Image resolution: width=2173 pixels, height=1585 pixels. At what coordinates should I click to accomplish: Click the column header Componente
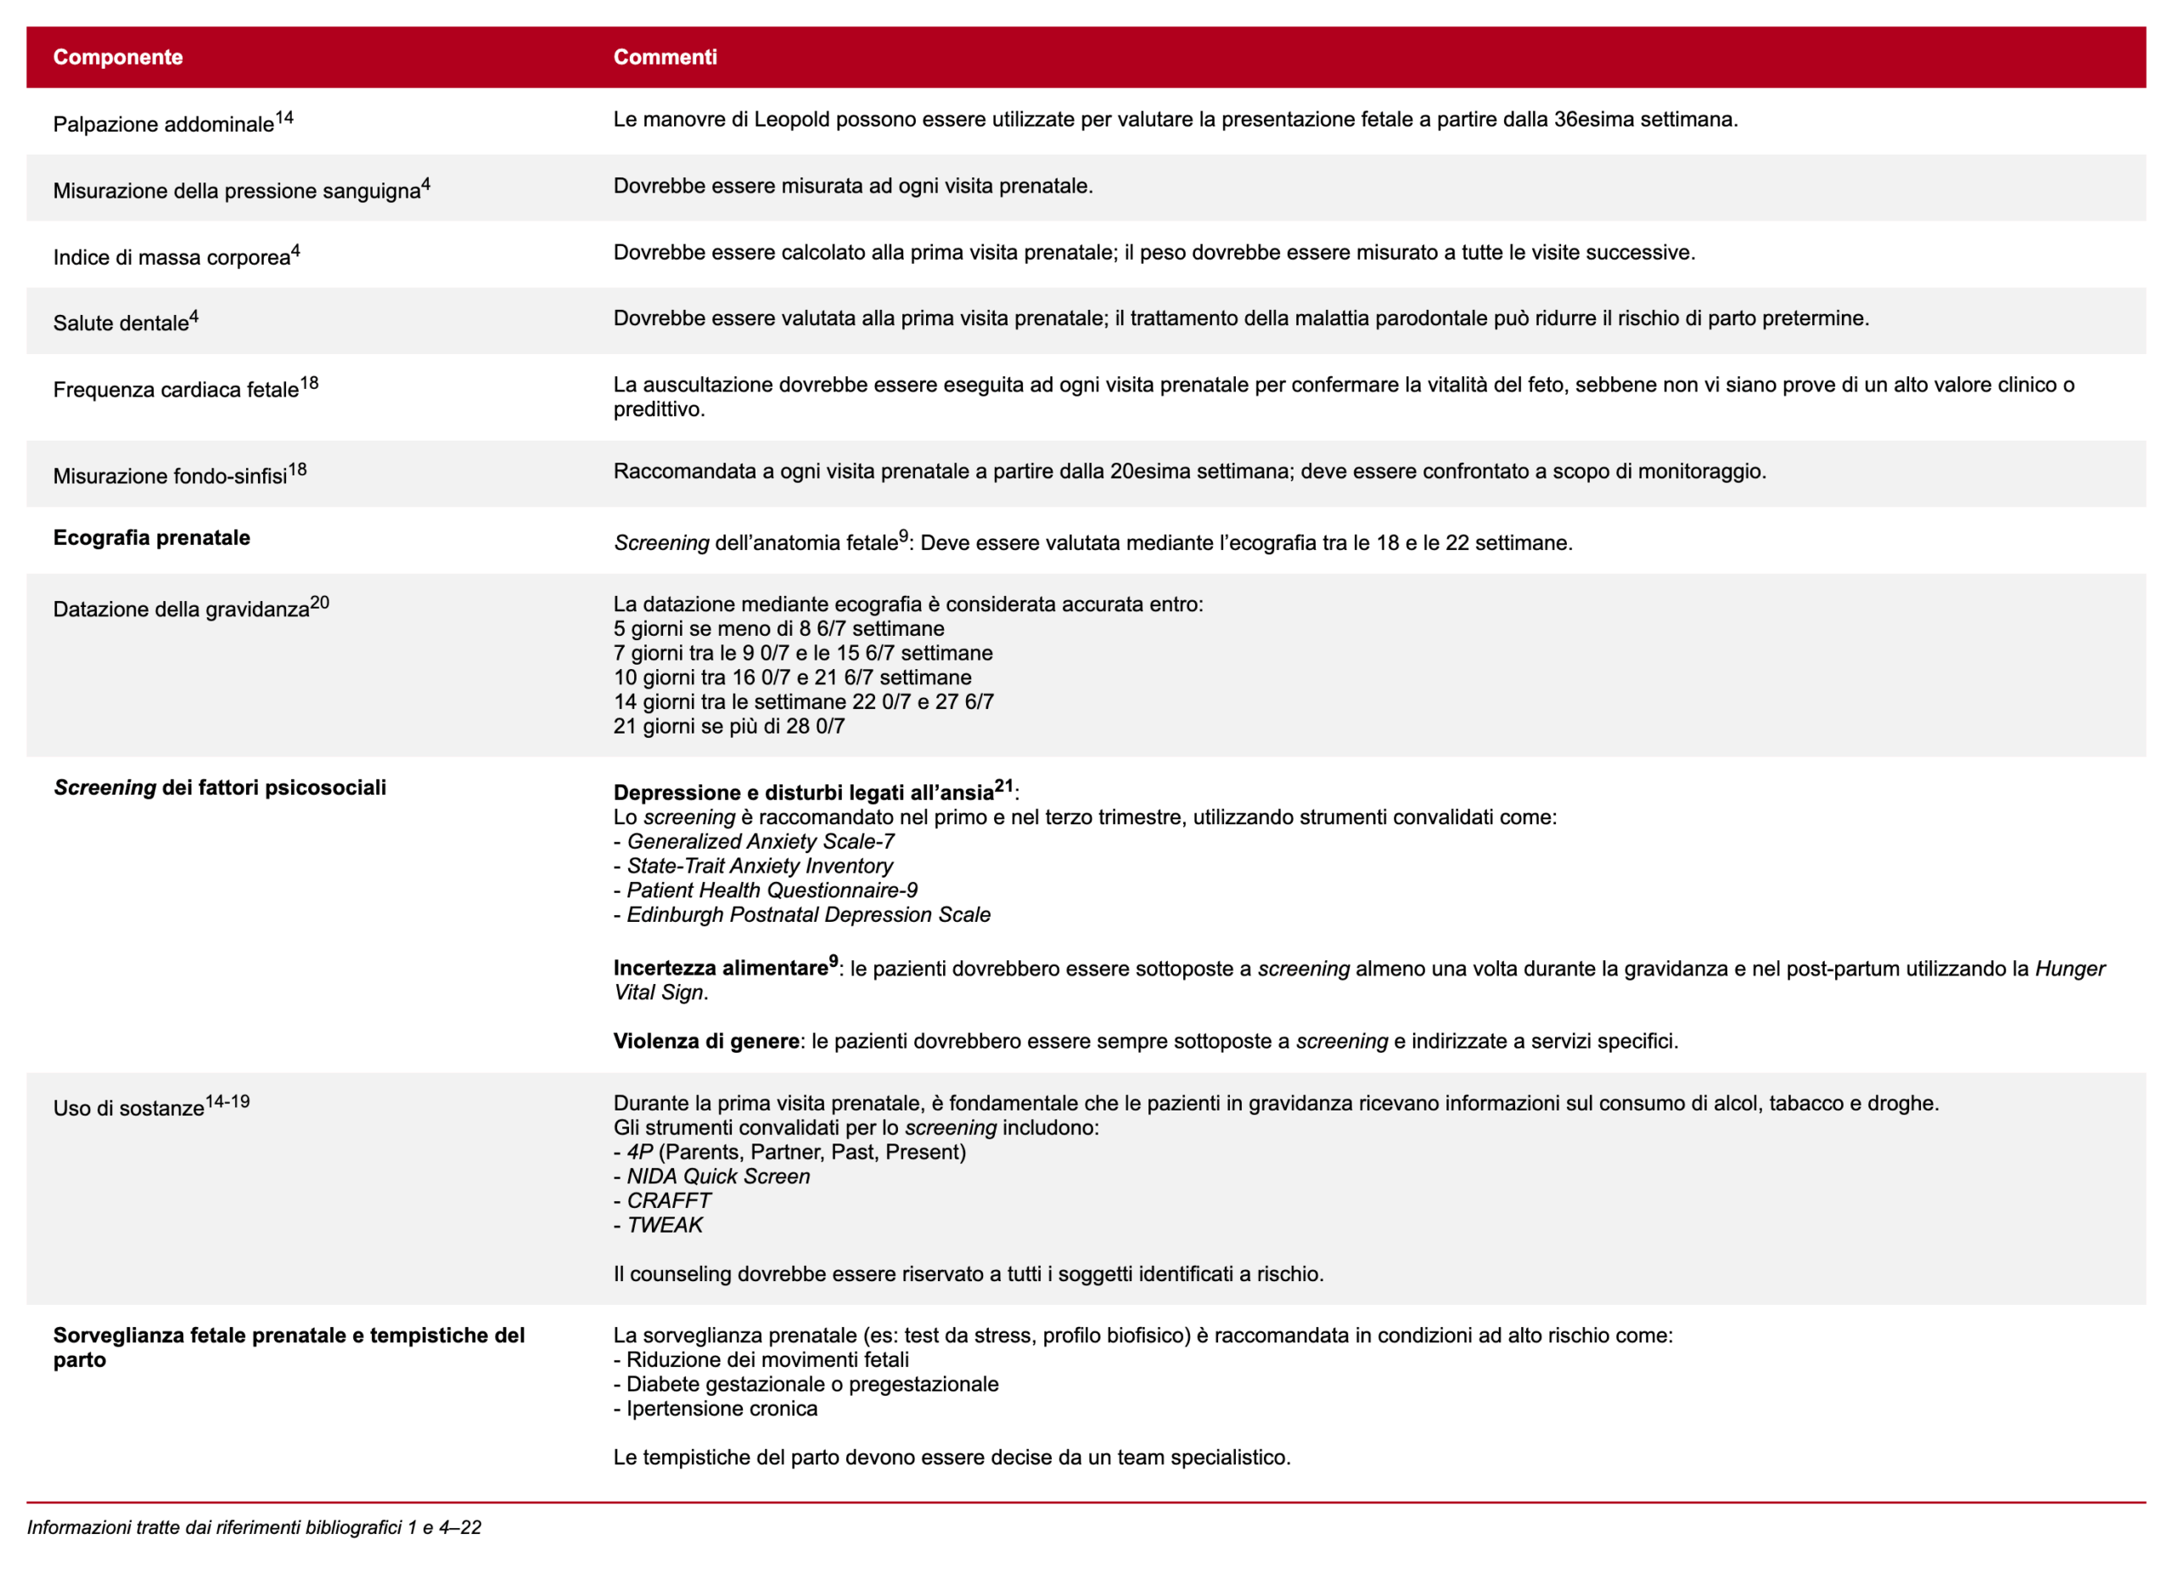[117, 57]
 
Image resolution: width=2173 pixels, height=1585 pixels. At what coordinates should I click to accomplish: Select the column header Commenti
[664, 57]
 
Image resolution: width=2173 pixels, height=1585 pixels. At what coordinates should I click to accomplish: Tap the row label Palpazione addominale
[163, 124]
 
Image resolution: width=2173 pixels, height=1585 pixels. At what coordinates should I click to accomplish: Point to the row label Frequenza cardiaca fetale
[176, 389]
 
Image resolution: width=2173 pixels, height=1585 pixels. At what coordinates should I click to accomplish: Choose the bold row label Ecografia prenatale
[152, 537]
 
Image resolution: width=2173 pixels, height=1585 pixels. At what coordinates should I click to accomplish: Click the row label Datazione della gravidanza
[182, 609]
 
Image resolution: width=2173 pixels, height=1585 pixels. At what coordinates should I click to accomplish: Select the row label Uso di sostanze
[128, 1107]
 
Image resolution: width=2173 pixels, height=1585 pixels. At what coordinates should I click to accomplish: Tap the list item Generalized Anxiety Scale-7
[760, 840]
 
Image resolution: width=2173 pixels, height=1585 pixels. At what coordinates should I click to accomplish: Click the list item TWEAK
[664, 1224]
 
